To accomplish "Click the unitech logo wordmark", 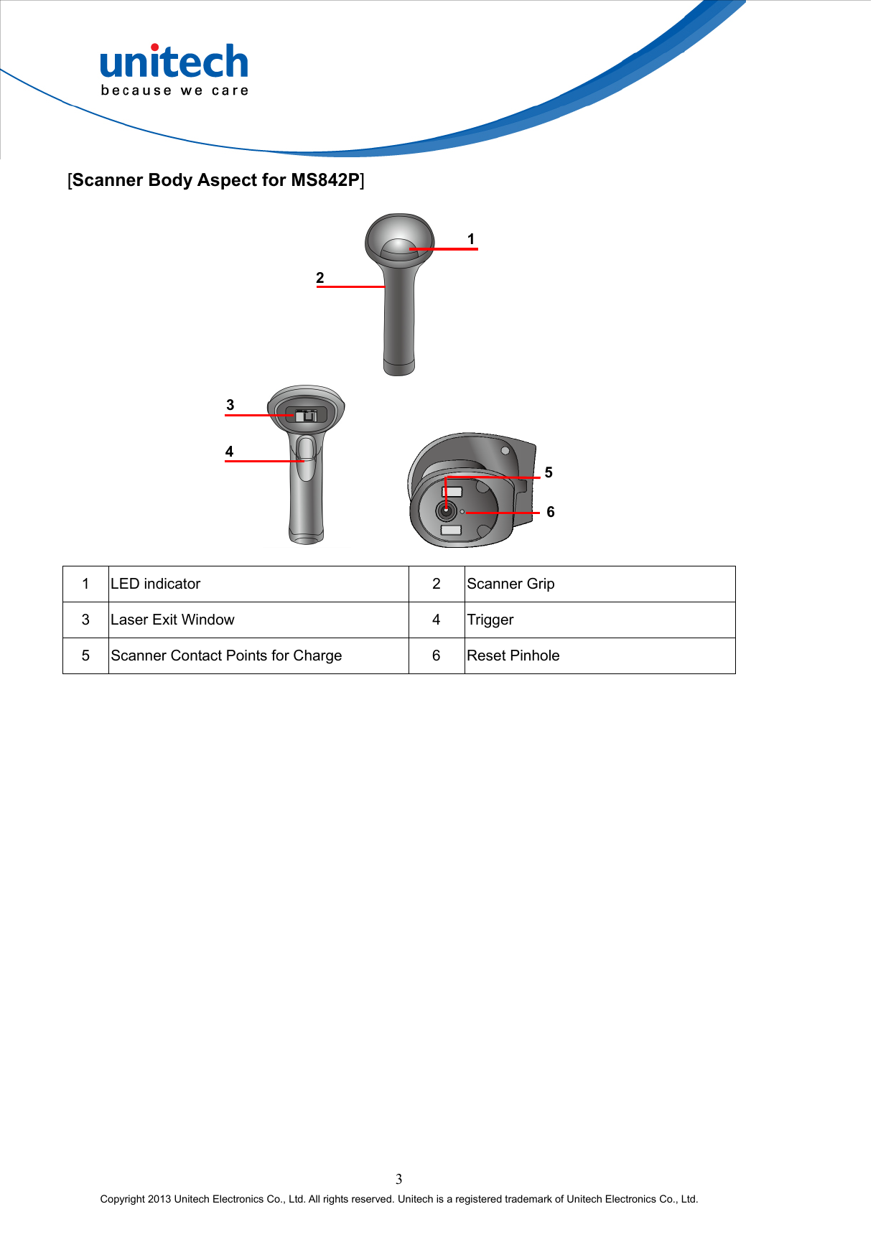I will point(174,63).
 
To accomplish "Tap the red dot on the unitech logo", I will point(154,47).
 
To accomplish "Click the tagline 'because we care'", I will point(174,90).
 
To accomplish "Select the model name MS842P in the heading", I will point(325,180).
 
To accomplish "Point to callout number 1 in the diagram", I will point(471,239).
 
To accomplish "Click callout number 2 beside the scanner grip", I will point(320,278).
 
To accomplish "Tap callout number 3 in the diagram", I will point(230,405).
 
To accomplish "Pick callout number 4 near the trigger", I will point(229,452).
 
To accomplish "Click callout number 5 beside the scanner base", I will point(549,472).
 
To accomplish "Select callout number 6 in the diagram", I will point(551,512).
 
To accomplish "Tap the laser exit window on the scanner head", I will point(307,415).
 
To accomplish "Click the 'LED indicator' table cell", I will point(156,584).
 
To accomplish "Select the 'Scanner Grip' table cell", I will point(510,584).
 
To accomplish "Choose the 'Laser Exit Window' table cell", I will point(172,620).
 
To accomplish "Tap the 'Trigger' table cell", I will point(490,620).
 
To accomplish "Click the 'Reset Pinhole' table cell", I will point(513,655).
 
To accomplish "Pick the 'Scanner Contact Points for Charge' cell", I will point(226,655).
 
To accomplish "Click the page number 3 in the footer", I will point(399,1179).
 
